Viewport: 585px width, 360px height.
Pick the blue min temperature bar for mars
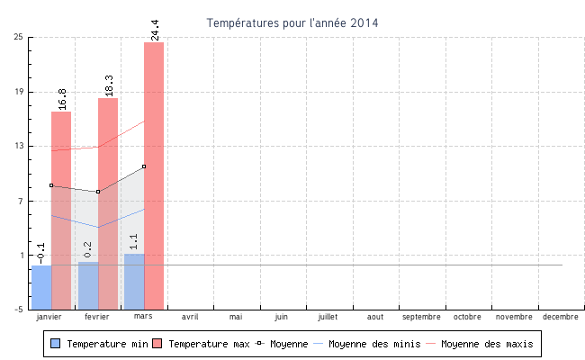[x=134, y=282]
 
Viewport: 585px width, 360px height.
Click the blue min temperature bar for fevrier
[x=88, y=285]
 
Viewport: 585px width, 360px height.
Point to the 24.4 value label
[x=155, y=30]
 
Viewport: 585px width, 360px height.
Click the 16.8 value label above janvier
[x=62, y=98]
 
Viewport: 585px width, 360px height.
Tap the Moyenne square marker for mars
[x=144, y=166]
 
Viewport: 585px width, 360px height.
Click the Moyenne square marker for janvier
[x=51, y=185]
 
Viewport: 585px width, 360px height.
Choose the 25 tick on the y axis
[x=19, y=37]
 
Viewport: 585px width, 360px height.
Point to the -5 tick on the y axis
[x=19, y=310]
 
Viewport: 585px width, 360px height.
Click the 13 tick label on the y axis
[x=19, y=146]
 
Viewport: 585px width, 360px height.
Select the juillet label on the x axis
[x=328, y=317]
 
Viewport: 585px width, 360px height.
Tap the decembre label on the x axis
[x=560, y=317]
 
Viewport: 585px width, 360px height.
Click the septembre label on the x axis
[x=421, y=317]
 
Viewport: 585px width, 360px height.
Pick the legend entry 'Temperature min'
[x=100, y=344]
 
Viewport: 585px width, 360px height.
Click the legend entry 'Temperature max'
[x=202, y=344]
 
